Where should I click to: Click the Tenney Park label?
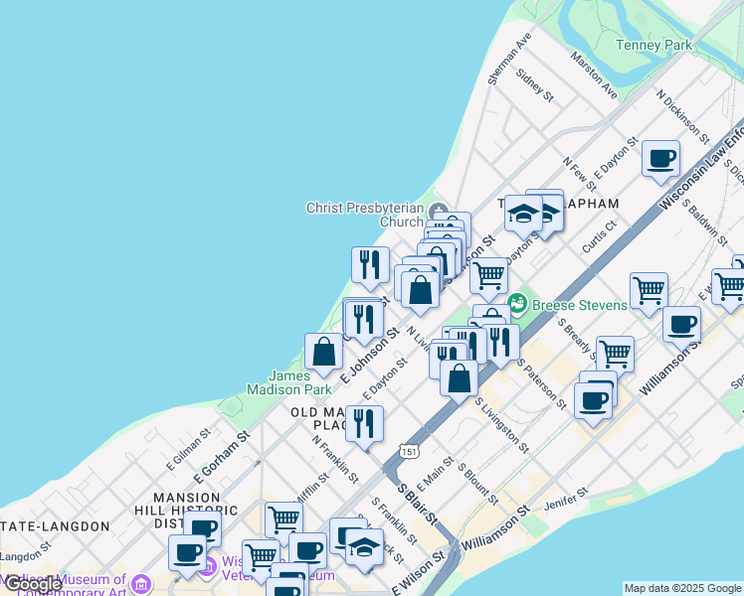click(x=653, y=45)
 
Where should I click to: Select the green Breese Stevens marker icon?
click(x=516, y=302)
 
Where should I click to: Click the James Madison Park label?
click(x=303, y=382)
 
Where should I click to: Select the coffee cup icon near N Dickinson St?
click(x=660, y=158)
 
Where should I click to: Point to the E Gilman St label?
click(x=188, y=448)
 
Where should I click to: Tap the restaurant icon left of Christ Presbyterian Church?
click(x=370, y=264)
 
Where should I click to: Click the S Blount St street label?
click(x=477, y=482)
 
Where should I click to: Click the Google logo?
click(x=33, y=584)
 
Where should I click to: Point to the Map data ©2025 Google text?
click(x=682, y=588)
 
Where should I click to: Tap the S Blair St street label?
click(x=417, y=505)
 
